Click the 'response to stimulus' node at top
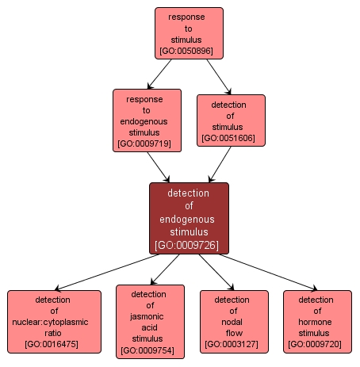tap(189, 33)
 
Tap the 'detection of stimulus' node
tap(230, 121)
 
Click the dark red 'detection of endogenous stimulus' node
tap(189, 218)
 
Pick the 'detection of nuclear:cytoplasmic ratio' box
tap(55, 322)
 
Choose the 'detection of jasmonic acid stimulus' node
tap(150, 321)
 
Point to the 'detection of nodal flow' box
tap(234, 322)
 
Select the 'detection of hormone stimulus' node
tap(317, 322)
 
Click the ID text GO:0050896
tap(189, 51)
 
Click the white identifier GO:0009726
tap(189, 245)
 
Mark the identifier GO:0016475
tap(55, 345)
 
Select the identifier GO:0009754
tap(150, 350)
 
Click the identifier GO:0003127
tap(234, 345)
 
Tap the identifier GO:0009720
tap(317, 345)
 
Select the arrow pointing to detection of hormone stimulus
tap(270, 271)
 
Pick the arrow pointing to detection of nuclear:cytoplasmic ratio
tap(103, 271)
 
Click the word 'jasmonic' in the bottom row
tap(150, 315)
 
